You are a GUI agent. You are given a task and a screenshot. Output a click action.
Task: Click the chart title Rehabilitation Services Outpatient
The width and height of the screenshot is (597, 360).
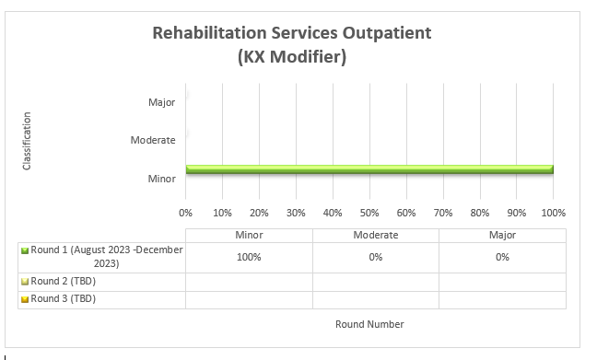pyautogui.click(x=291, y=34)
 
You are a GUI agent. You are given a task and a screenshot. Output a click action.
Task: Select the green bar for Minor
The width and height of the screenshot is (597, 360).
pyautogui.click(x=369, y=169)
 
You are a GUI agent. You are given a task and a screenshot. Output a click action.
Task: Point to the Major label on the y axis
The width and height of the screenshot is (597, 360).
pyautogui.click(x=161, y=102)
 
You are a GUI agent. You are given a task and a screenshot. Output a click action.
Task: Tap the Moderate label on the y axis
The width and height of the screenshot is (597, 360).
pyautogui.click(x=153, y=140)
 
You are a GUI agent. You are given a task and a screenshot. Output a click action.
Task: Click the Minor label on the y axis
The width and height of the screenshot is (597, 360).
pyautogui.click(x=161, y=179)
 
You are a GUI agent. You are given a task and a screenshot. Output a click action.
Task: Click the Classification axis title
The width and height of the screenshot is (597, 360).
pyautogui.click(x=27, y=140)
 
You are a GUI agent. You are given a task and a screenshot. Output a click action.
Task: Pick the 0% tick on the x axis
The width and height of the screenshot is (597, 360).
pyautogui.click(x=186, y=213)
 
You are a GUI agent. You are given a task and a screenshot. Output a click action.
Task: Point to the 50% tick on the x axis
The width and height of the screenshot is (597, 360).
pyautogui.click(x=369, y=213)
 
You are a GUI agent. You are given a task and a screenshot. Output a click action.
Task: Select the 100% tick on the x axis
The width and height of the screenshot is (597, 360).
pyautogui.click(x=553, y=213)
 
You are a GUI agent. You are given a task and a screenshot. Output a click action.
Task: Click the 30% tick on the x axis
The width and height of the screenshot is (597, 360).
pyautogui.click(x=296, y=213)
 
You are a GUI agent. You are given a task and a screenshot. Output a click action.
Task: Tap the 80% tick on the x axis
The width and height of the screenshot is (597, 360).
pyautogui.click(x=479, y=213)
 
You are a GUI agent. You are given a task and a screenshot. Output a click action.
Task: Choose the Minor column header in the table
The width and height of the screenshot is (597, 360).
pyautogui.click(x=249, y=236)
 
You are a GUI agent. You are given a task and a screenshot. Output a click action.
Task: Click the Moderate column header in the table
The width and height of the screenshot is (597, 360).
pyautogui.click(x=375, y=236)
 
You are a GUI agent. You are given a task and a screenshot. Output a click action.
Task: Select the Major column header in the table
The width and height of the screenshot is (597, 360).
pyautogui.click(x=502, y=236)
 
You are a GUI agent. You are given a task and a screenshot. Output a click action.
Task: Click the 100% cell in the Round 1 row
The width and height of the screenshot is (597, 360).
pyautogui.click(x=249, y=257)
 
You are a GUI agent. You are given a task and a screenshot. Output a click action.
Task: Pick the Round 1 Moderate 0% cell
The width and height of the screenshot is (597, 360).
pyautogui.click(x=375, y=257)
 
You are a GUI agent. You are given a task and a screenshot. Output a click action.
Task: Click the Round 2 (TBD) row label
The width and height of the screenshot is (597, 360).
pyautogui.click(x=63, y=281)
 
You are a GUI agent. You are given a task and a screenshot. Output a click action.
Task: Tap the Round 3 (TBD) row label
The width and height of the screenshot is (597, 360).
pyautogui.click(x=63, y=299)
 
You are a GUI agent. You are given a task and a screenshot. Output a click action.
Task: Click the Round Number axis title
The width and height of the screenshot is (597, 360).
pyautogui.click(x=369, y=324)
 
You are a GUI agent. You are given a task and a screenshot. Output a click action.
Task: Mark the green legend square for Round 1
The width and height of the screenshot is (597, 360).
pyautogui.click(x=25, y=250)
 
